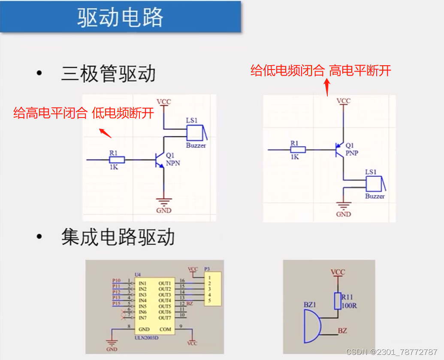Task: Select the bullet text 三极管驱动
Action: point(108,74)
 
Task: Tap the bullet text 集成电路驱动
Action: point(118,237)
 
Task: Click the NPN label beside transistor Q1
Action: point(173,163)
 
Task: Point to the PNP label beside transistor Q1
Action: point(351,152)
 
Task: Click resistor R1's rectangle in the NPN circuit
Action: point(117,160)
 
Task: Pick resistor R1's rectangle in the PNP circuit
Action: point(298,149)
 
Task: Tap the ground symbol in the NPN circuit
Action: point(163,201)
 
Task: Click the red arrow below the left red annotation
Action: point(105,133)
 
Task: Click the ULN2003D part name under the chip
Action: point(146,337)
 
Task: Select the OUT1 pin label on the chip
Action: point(165,284)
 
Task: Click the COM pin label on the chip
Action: point(165,330)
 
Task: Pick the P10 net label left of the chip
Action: point(116,281)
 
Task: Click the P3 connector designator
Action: point(207,269)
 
